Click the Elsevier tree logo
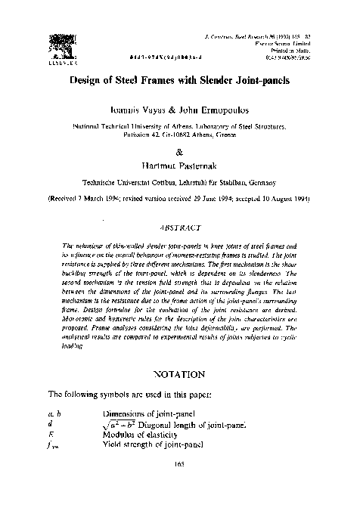pos(61,44)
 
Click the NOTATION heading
pos(179,373)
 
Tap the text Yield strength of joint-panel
pos(150,446)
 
